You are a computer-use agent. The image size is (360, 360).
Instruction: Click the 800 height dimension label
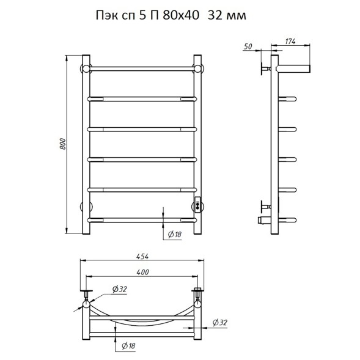[x=63, y=144]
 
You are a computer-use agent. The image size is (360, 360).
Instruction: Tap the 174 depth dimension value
[x=290, y=42]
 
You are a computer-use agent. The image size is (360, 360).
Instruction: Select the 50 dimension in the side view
[x=248, y=46]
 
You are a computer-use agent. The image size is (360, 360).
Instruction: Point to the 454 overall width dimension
[x=142, y=256]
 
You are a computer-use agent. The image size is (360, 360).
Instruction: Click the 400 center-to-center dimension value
[x=142, y=272]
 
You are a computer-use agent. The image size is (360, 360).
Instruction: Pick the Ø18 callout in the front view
[x=174, y=235]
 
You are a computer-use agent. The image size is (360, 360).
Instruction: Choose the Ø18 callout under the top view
[x=128, y=346]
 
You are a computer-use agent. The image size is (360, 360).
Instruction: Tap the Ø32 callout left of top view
[x=120, y=289]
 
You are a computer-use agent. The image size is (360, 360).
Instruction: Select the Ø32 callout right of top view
[x=219, y=323]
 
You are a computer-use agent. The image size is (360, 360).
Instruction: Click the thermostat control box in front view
[x=197, y=205]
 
